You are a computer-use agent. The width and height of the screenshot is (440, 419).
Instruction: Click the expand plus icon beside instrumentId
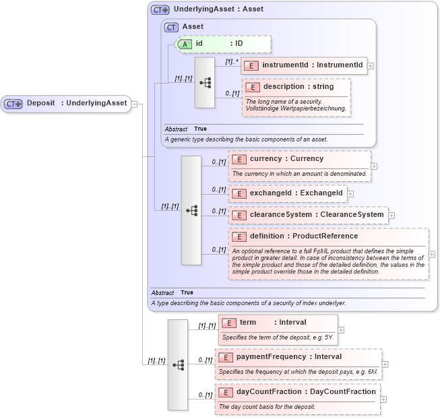click(x=371, y=66)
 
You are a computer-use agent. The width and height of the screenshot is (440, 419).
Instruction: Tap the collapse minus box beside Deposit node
click(x=134, y=104)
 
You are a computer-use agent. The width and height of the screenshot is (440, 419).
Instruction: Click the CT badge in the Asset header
click(x=172, y=27)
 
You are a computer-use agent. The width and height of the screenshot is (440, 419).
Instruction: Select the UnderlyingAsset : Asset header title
click(x=218, y=9)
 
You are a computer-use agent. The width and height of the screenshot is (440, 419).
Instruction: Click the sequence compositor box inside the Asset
click(x=205, y=82)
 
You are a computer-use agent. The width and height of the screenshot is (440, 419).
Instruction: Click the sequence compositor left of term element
click(x=178, y=364)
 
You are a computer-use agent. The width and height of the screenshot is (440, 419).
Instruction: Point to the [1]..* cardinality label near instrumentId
click(x=232, y=61)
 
